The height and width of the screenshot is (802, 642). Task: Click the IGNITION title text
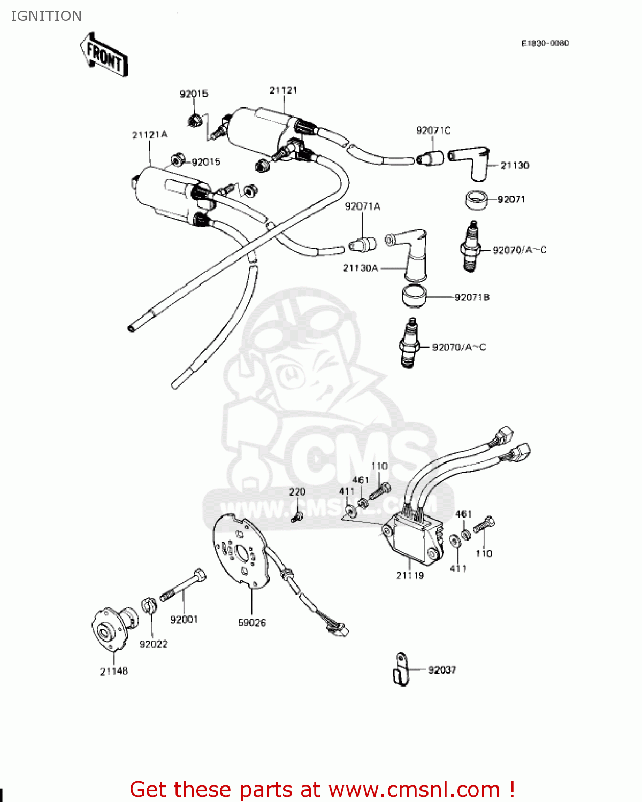(46, 16)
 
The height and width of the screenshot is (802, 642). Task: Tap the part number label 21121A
(149, 135)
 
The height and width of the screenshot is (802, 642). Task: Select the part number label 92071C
(433, 130)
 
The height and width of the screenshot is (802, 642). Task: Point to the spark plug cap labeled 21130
(471, 163)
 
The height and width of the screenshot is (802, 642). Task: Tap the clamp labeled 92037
(400, 669)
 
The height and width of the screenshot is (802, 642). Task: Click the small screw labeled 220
(297, 516)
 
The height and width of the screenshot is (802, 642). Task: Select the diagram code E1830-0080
(545, 43)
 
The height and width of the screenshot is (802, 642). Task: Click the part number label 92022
(153, 644)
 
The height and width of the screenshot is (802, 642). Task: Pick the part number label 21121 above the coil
(283, 90)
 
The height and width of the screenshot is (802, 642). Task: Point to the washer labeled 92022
(149, 606)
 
